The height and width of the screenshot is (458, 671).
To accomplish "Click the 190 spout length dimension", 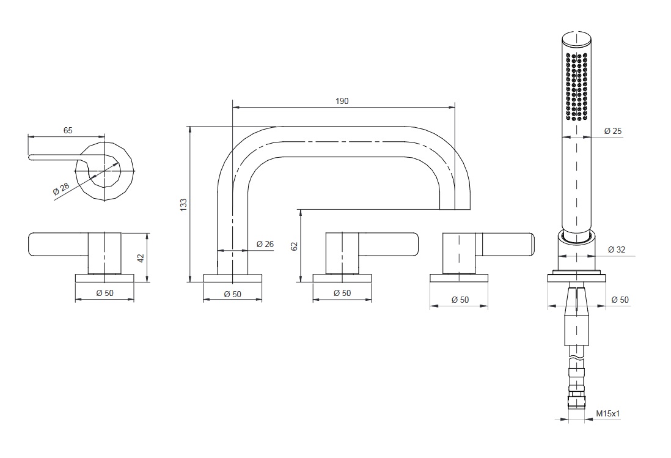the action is [342, 101].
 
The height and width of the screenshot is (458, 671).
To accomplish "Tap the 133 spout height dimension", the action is [183, 204].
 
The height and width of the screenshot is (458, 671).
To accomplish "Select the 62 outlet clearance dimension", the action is [294, 246].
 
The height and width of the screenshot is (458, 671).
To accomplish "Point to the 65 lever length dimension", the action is [68, 130].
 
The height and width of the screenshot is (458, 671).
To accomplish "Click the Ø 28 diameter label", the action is [61, 189].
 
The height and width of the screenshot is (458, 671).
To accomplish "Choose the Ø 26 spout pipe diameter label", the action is [265, 244].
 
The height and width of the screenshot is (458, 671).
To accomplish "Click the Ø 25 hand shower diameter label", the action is [613, 131].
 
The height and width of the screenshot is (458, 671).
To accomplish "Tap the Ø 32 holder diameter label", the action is [616, 249].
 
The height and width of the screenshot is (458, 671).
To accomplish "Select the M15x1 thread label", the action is [608, 413].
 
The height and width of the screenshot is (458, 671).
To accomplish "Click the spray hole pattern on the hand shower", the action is [576, 86].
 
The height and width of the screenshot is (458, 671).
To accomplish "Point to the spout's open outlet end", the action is [455, 209].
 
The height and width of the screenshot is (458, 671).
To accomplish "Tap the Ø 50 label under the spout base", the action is [232, 294].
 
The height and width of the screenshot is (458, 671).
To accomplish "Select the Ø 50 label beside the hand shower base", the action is [620, 300].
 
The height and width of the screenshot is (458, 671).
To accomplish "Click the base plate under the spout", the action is [232, 278].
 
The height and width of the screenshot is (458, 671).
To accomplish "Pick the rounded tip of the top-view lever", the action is [31, 157].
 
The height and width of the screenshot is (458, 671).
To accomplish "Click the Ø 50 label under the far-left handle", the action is [105, 294].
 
